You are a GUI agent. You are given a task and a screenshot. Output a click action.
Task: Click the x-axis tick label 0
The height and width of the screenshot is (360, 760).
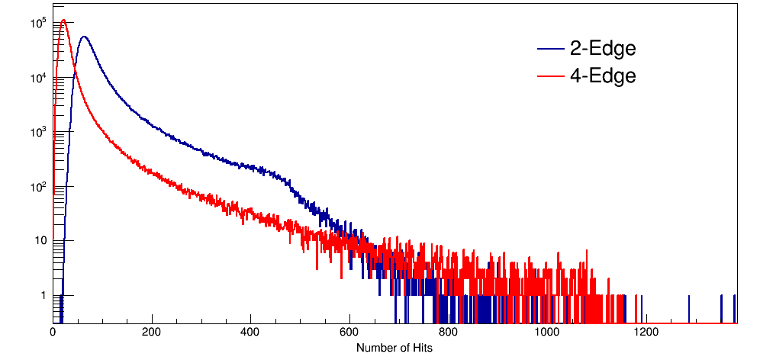tap(53, 333)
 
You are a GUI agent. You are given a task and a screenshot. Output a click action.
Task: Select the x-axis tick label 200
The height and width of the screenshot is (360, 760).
tap(152, 333)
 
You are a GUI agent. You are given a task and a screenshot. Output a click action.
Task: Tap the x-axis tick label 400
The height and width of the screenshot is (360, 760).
tap(250, 333)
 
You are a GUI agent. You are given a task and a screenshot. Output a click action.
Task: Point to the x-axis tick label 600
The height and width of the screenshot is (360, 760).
tap(349, 333)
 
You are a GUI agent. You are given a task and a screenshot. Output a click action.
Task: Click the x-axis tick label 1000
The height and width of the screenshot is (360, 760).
tap(547, 333)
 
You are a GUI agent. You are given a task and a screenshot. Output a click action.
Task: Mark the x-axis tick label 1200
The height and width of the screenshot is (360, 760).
tap(646, 333)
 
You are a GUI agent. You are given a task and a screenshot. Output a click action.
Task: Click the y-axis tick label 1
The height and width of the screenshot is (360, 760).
tap(43, 295)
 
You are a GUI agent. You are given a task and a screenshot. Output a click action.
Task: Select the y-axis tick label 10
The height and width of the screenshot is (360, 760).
tap(41, 241)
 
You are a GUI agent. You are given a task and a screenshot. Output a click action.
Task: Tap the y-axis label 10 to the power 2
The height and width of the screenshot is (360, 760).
tap(40, 186)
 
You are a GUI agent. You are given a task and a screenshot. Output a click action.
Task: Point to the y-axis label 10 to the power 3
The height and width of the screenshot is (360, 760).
tap(40, 132)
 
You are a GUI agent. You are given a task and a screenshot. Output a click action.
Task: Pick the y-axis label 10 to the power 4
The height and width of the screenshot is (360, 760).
tap(40, 78)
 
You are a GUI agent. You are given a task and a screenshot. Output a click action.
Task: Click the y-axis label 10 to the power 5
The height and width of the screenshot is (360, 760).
tap(40, 24)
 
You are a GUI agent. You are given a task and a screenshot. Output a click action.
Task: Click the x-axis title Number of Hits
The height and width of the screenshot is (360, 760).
tap(394, 348)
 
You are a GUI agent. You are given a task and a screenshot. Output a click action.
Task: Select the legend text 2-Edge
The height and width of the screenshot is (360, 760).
tap(603, 49)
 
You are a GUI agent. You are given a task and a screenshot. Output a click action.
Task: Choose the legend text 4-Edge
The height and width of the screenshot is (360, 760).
tap(603, 76)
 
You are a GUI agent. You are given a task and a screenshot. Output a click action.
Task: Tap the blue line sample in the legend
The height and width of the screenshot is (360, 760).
tap(549, 50)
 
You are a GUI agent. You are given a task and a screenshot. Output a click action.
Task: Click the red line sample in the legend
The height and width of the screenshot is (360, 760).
tap(549, 76)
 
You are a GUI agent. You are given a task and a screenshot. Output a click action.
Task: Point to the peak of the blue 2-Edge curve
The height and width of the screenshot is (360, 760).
tap(84, 37)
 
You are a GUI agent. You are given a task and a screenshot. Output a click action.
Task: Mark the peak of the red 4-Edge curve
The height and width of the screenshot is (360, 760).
tap(64, 21)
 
